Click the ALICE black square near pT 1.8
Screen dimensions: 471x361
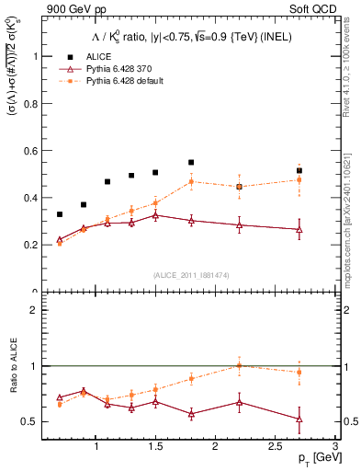pos(191,162)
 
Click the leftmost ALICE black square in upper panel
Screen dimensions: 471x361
pos(60,214)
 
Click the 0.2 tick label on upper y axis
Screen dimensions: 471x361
pos(33,245)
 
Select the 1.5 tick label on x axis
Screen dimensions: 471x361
pos(155,446)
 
